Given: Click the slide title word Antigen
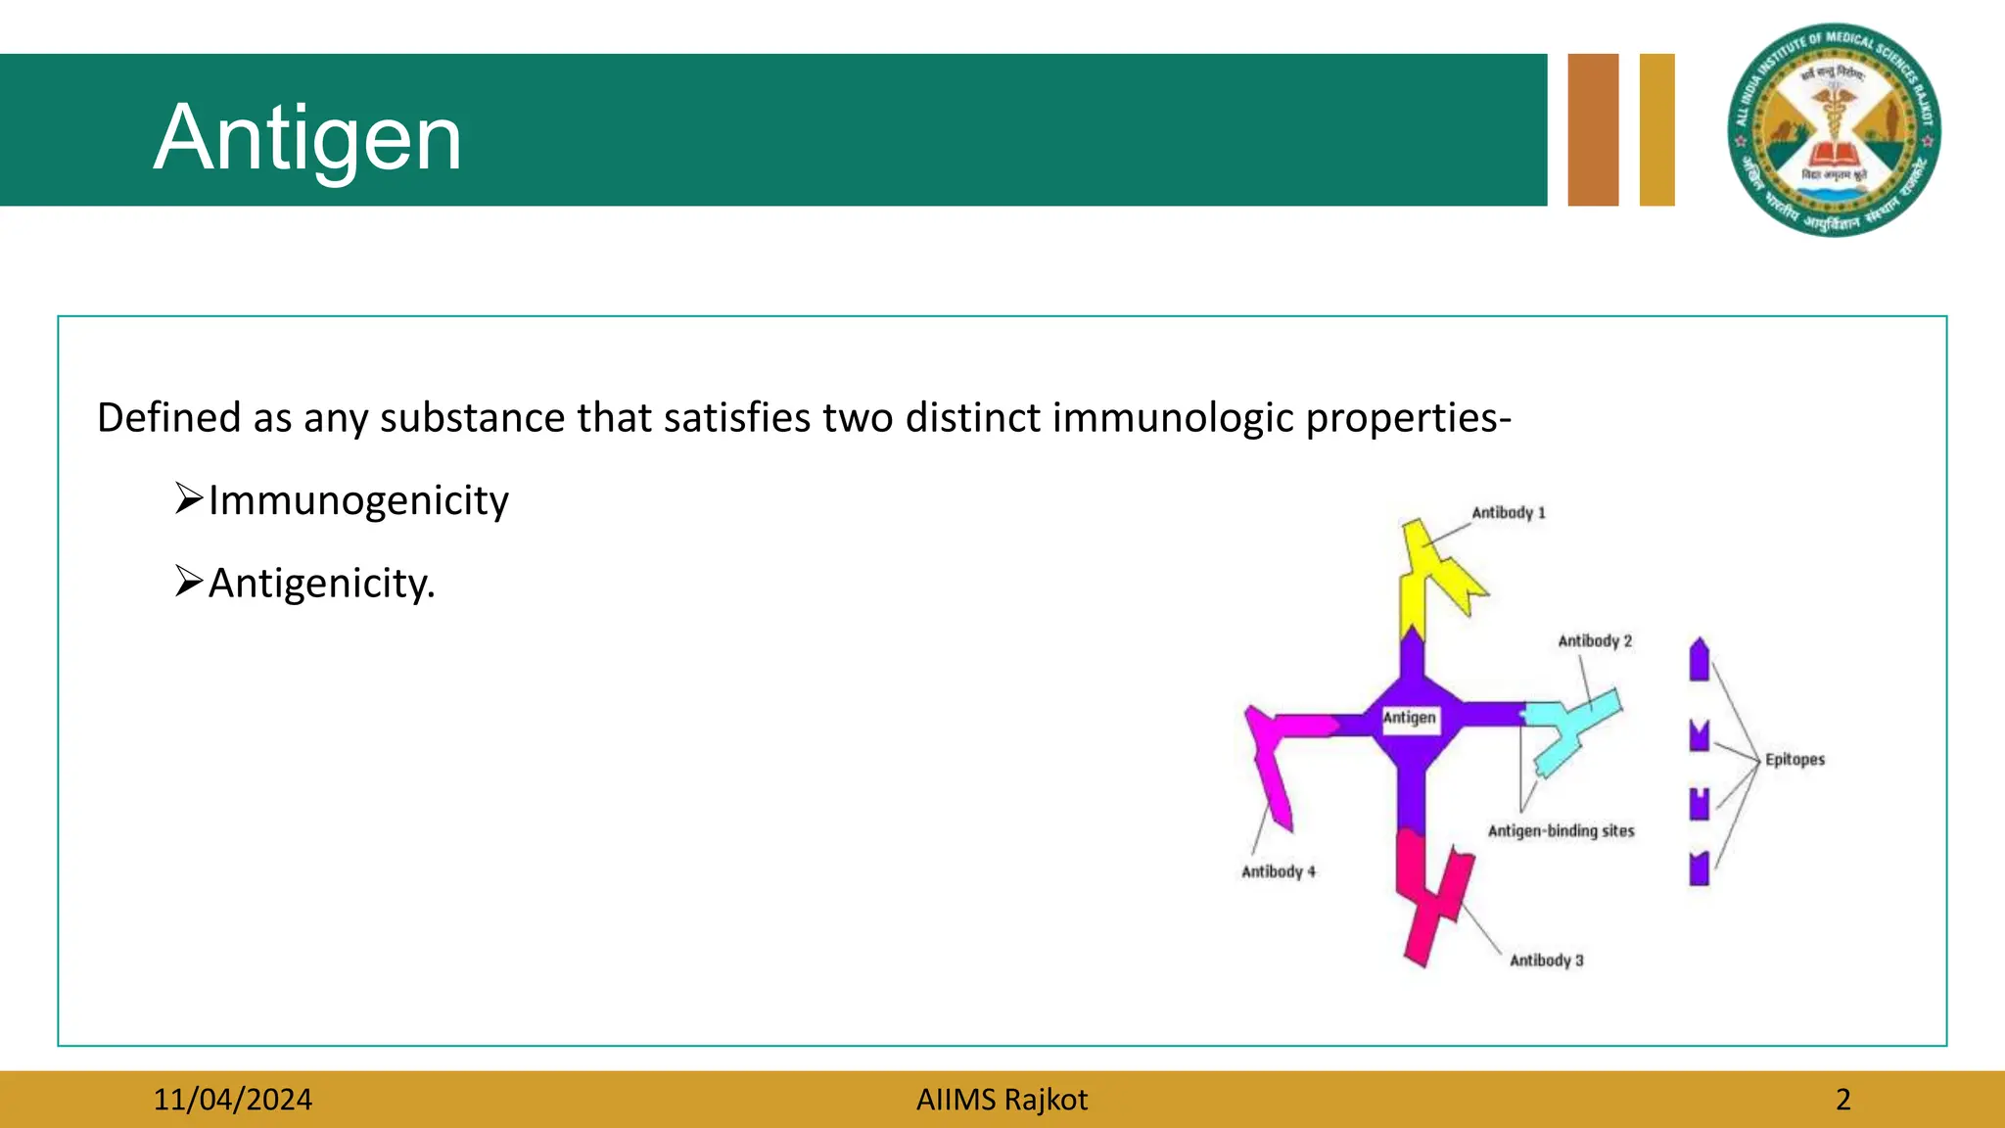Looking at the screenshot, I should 307,138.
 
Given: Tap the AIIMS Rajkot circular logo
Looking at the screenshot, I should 1834,130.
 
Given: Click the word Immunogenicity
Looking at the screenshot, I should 358,500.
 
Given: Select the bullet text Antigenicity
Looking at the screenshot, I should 321,584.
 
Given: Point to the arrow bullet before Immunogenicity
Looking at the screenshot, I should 188,498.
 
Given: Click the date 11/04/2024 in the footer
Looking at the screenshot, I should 232,1100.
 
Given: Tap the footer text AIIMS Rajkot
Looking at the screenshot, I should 1002,1100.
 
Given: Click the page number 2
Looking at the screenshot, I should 1842,1100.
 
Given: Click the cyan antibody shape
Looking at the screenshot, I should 1571,729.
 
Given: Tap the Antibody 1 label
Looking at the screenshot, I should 1508,513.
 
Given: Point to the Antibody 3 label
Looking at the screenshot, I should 1546,961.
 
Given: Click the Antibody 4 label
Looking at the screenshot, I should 1278,871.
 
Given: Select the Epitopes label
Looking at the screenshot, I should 1795,760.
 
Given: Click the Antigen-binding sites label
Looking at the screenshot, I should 1561,831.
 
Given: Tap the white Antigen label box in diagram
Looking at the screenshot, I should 1410,718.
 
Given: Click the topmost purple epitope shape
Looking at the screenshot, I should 1699,660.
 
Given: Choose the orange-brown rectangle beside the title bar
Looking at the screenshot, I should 1593,130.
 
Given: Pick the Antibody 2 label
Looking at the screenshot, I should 1594,641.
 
